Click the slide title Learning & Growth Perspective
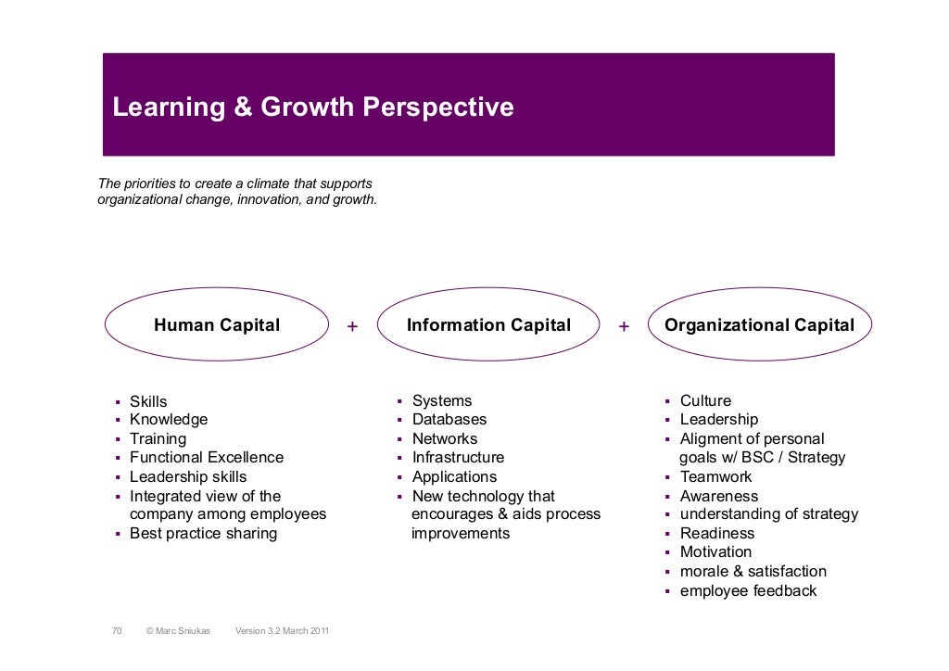tap(312, 108)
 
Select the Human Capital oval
tap(217, 325)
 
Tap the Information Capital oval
tap(488, 325)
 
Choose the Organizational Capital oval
tap(759, 325)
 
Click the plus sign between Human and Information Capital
tap(351, 326)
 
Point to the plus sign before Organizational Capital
tap(624, 326)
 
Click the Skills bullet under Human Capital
tap(148, 401)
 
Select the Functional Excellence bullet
tap(207, 458)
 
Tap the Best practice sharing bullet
tap(203, 534)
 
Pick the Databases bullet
tap(449, 420)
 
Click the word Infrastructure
tap(458, 458)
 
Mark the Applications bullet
tap(454, 476)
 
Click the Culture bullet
tap(705, 401)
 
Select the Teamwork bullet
tap(715, 476)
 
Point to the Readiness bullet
tap(716, 534)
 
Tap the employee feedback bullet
tap(748, 590)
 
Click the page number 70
tap(117, 631)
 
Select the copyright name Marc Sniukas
tap(178, 631)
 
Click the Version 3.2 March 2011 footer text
tap(282, 631)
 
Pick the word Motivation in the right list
tap(715, 552)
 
